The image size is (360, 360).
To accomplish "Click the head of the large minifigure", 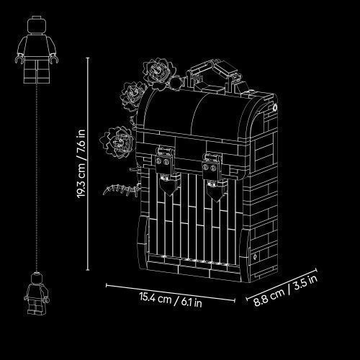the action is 37,25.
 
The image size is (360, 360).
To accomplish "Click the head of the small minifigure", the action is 37,278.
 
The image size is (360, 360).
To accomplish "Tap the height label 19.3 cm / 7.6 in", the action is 81,164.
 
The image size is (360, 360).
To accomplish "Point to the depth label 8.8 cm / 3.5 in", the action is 286,291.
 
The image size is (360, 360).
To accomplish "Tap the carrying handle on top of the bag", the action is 214,73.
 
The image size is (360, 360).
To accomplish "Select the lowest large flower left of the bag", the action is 117,142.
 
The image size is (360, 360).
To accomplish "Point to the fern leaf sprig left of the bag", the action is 121,189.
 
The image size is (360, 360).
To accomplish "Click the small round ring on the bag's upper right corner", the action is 274,107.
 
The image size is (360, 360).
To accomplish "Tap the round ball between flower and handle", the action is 175,82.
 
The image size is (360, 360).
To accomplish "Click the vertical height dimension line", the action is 88,164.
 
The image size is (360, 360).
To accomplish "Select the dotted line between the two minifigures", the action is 37,178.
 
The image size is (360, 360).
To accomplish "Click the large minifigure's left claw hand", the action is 19,59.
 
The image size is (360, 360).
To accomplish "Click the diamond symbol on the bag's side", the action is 255,257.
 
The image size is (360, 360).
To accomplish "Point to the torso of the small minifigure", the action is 37,291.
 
